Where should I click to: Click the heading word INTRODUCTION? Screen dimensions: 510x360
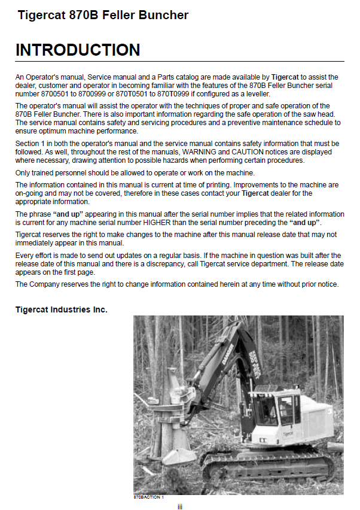pyautogui.click(x=78, y=50)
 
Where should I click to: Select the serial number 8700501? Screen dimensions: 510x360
pyautogui.click(x=55, y=94)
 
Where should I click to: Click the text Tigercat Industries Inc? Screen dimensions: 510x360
pyautogui.click(x=62, y=310)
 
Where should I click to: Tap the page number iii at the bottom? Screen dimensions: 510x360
pyautogui.click(x=179, y=506)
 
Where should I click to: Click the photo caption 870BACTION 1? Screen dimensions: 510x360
pyautogui.click(x=148, y=497)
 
